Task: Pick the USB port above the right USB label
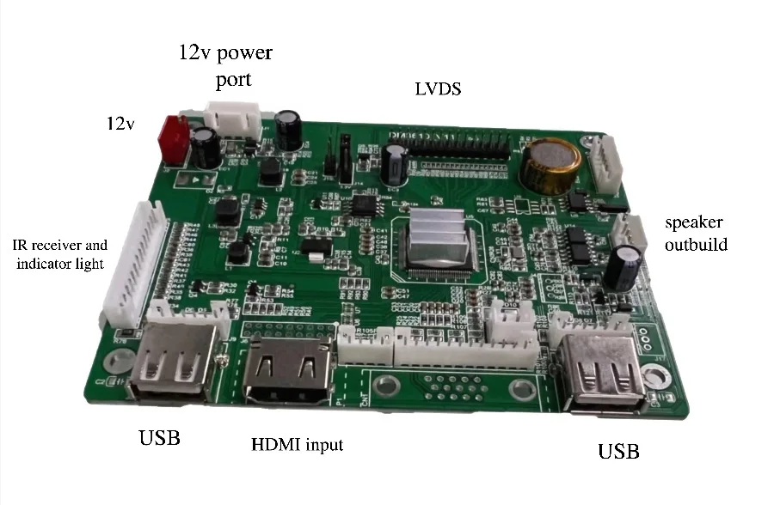click(x=602, y=371)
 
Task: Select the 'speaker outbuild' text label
click(x=696, y=234)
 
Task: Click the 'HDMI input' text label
click(x=297, y=445)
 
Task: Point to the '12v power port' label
click(x=225, y=66)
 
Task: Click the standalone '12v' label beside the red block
click(x=120, y=124)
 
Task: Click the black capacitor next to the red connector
click(x=205, y=147)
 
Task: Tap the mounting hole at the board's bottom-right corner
click(x=655, y=375)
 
